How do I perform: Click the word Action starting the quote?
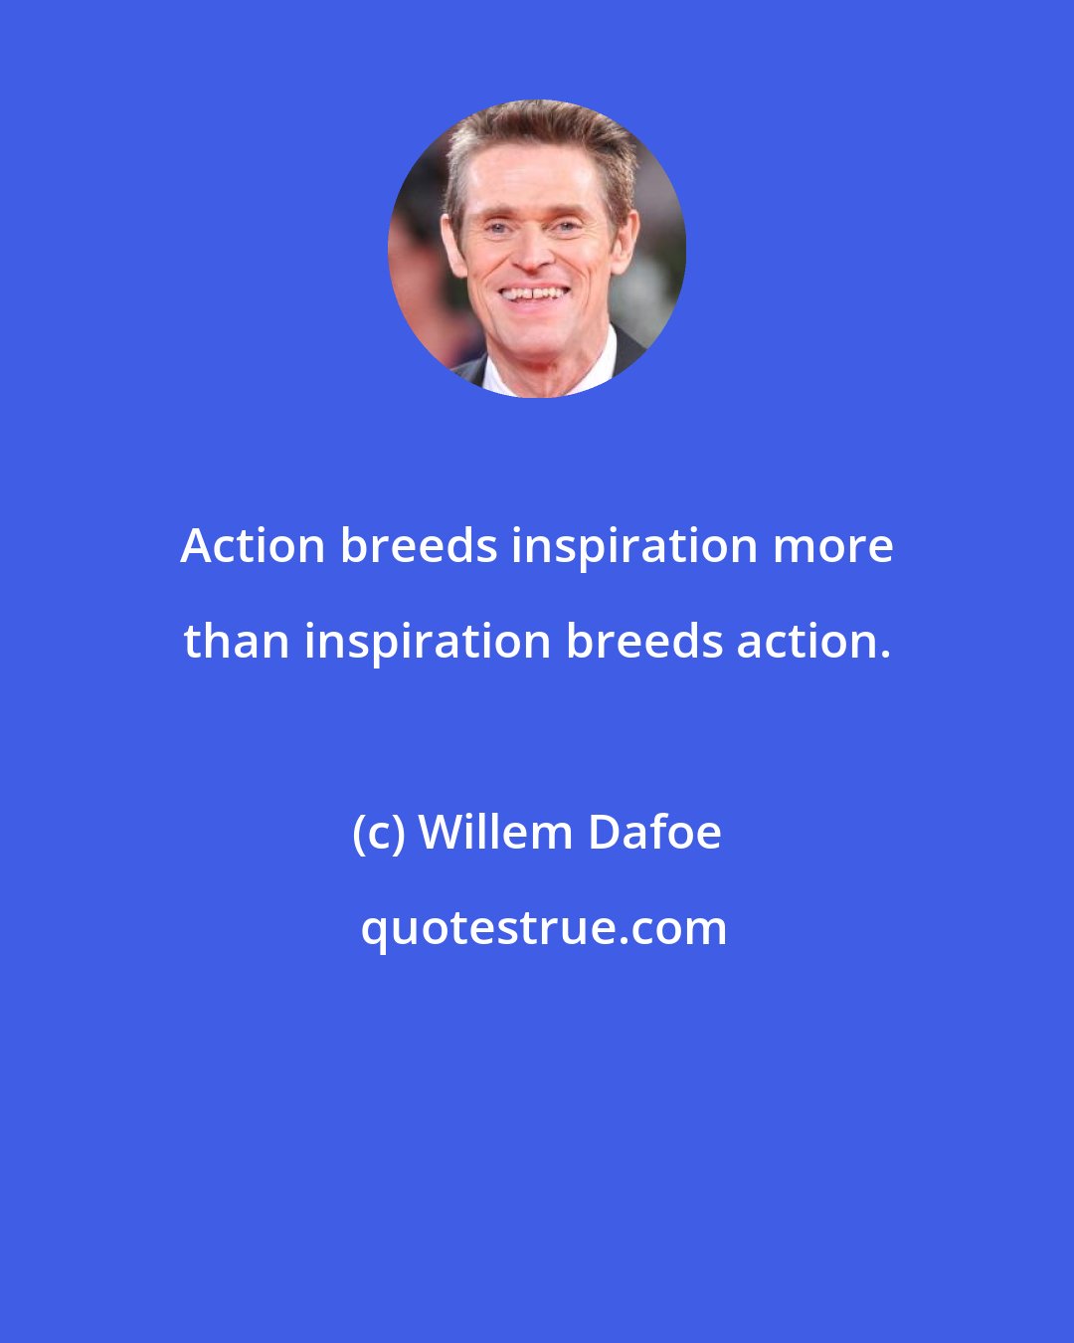253,546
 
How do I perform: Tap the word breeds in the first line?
418,546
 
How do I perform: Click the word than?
237,642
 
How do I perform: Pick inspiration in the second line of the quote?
428,642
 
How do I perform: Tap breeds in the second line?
643,642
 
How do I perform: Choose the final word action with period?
812,642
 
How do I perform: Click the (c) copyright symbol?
378,833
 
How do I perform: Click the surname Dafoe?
654,833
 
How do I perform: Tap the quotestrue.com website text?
544,928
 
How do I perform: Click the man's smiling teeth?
535,294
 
